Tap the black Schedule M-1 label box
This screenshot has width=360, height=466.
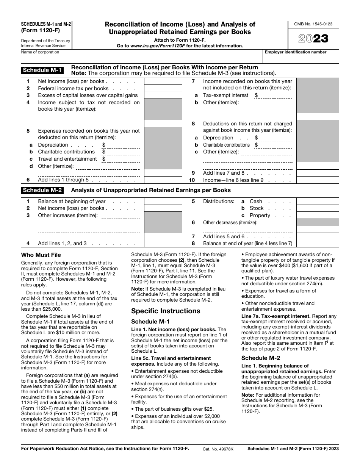point(42,70)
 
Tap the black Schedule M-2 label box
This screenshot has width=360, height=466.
point(42,190)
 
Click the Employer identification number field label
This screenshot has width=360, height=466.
point(296,52)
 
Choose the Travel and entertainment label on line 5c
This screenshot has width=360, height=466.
point(67,159)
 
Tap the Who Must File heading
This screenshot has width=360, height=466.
point(41,255)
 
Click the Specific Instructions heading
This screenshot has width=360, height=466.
point(166,311)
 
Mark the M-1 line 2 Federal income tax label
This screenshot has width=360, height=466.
point(73,88)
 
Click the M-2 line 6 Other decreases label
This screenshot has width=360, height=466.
point(230,223)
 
